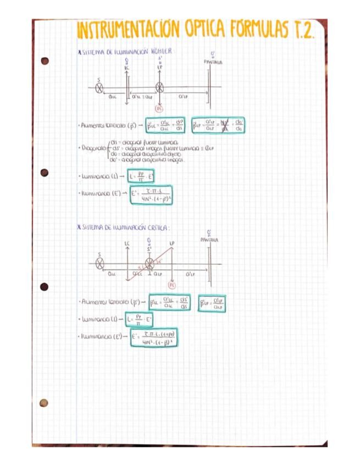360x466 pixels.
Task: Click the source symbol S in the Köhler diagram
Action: (99, 88)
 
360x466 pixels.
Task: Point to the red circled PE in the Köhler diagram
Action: (159, 109)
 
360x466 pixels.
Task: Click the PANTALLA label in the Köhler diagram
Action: (213, 62)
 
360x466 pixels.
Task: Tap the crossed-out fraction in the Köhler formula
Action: (224, 125)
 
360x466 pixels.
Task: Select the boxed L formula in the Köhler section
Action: (139, 176)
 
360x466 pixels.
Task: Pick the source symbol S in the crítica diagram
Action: (99, 263)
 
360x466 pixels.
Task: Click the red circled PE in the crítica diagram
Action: (172, 285)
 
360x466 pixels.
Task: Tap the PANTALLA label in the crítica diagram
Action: (209, 240)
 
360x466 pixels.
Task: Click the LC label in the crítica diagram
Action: (128, 243)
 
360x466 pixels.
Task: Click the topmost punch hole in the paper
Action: (45, 60)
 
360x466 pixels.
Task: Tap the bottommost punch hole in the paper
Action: (43, 403)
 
